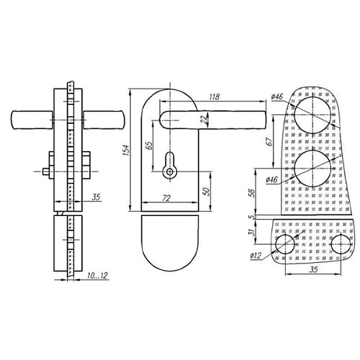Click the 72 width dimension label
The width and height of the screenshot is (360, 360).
click(166, 197)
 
